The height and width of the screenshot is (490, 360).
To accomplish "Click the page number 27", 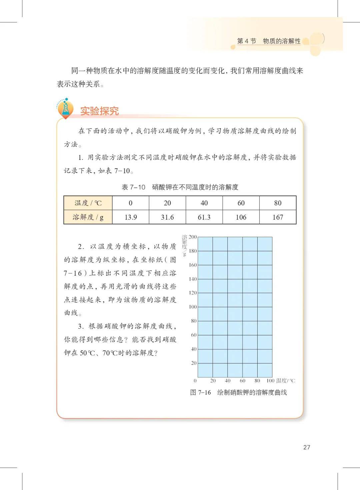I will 307,447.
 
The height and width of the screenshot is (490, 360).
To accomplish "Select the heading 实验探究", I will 99,111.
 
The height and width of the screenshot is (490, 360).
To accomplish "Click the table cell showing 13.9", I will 131,217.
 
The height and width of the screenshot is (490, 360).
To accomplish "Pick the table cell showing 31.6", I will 167,217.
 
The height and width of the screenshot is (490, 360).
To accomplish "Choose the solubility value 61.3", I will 204,217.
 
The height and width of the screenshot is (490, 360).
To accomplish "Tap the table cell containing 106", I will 241,217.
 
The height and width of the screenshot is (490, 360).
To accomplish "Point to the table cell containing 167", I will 278,217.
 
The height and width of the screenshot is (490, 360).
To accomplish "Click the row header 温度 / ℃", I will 88,203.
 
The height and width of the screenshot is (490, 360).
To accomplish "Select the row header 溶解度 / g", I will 88,217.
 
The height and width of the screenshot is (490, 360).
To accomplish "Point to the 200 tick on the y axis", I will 193,237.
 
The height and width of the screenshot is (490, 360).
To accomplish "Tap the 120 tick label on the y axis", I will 193,293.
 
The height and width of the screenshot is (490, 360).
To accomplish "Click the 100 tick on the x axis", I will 270,381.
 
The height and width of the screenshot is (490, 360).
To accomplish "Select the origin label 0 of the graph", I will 195,381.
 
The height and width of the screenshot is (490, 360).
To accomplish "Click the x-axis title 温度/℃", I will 286,381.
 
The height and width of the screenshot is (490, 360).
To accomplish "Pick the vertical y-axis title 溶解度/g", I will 184,245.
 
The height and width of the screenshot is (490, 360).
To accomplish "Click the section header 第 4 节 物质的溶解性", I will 269,41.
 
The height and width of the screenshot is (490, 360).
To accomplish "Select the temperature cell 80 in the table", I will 278,203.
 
